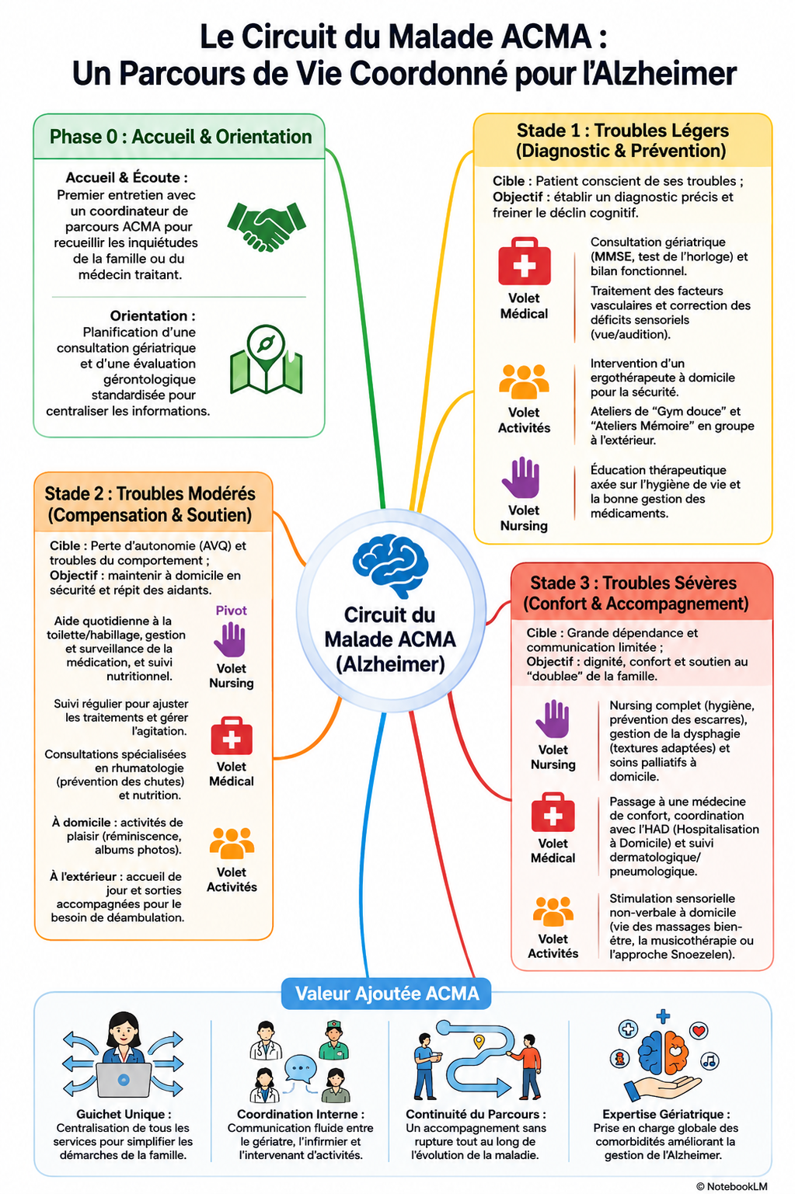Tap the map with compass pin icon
(x=266, y=360)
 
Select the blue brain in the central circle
(x=390, y=566)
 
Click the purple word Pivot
(x=232, y=611)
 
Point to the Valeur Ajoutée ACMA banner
(x=386, y=994)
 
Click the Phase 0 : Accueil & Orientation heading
(x=180, y=137)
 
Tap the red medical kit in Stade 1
(x=524, y=261)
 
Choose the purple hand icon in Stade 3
(x=553, y=719)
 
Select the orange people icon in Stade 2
(x=232, y=844)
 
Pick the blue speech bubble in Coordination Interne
(x=300, y=1067)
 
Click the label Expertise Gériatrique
(x=664, y=1114)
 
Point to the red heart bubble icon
(x=699, y=1030)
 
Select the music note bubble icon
(x=710, y=1060)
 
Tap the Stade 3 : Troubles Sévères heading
(x=633, y=583)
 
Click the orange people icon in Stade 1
(x=524, y=381)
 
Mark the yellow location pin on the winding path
(x=479, y=1041)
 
